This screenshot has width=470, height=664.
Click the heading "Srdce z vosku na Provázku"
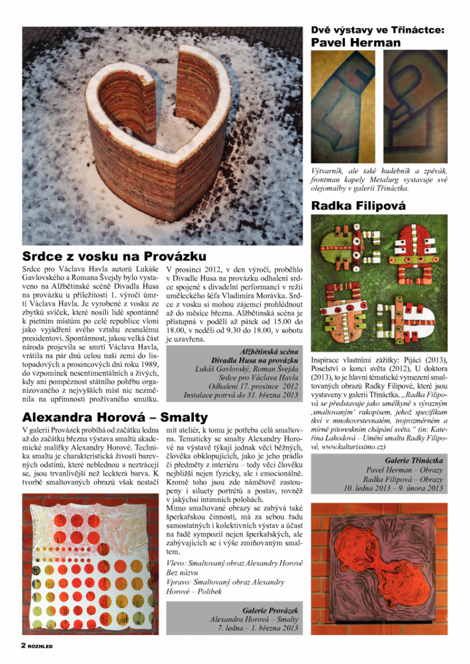tap(114, 256)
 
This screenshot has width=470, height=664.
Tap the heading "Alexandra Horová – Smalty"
tap(115, 417)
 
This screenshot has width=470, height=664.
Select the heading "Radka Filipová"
tap(358, 206)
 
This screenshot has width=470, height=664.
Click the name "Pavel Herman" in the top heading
tap(356, 43)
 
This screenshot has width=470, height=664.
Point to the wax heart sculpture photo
tap(162, 136)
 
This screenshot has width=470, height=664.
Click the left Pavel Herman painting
tap(343, 106)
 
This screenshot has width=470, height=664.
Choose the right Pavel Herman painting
tap(415, 106)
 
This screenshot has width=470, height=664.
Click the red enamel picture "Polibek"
tap(379, 561)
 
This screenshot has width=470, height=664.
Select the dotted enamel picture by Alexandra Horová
tap(90, 564)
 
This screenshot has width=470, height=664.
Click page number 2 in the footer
tap(24, 645)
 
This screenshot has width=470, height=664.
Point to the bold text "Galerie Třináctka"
tap(414, 460)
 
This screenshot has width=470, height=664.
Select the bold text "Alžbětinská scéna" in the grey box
tap(269, 351)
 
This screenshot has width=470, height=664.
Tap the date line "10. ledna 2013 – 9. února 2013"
tap(393, 488)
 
